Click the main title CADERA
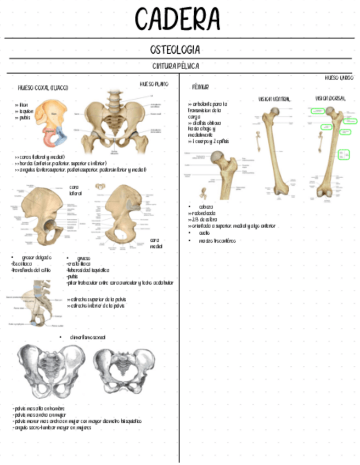point(177,20)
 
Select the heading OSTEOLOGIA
point(175,50)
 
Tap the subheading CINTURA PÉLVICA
point(175,66)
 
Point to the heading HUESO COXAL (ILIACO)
point(43,88)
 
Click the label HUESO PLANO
point(154,84)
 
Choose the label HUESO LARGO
point(339,78)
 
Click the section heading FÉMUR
point(200,87)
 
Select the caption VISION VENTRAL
point(274,99)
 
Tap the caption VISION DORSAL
point(330,98)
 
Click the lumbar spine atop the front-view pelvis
point(114,98)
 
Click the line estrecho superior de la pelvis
point(99,299)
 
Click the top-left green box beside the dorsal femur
point(317,111)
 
